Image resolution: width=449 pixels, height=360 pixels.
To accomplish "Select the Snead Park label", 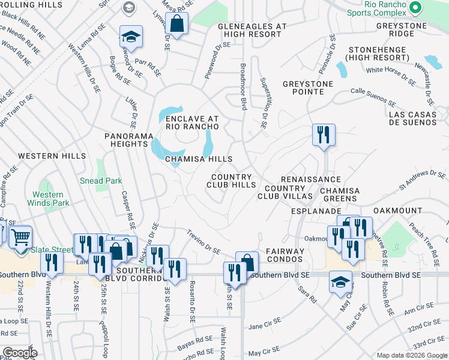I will [x=101, y=181].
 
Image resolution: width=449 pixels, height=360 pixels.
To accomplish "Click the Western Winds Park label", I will [x=48, y=199].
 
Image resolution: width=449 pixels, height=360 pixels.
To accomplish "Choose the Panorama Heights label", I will [x=128, y=140].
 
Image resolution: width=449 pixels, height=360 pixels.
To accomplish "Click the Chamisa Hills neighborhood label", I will [x=199, y=159].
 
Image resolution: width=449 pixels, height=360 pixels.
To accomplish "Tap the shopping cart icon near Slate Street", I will [x=20, y=236].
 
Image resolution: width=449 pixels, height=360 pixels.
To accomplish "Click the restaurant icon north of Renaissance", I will [x=324, y=134].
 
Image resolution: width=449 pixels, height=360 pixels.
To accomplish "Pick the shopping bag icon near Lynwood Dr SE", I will [x=177, y=24].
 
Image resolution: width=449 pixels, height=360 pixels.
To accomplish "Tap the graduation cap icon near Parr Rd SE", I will [x=130, y=37].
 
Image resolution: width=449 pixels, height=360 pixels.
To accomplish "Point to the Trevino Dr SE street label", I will [x=202, y=242].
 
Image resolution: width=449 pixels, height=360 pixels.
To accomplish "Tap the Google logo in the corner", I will [x=20, y=353].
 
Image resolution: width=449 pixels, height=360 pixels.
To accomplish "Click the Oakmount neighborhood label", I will [x=398, y=211].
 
